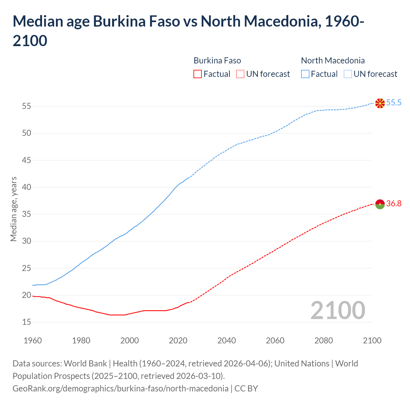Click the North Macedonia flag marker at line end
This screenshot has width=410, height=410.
pos(380,103)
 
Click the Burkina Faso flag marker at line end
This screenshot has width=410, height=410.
pos(380,204)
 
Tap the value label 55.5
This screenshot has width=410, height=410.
pos(394,103)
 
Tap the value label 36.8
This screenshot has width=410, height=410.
pos(394,204)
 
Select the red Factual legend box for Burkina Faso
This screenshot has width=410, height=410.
pos(198,74)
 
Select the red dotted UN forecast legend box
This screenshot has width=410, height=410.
pos(240,74)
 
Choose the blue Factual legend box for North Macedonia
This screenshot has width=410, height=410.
pos(305,74)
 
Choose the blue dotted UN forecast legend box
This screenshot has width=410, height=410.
pos(348,74)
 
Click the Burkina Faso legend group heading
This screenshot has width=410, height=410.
pos(217,61)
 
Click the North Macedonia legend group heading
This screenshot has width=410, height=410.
pos(333,61)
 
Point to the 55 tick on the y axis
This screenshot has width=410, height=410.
pos(27,106)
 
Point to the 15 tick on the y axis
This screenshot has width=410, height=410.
pos(27,322)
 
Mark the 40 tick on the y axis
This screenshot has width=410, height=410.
pos(27,187)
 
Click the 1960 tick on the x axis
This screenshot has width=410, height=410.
pos(33,340)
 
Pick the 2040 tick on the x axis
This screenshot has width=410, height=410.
pos(226,340)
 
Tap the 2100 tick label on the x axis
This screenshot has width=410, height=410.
pos(372,340)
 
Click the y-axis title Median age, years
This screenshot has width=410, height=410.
pos(13,209)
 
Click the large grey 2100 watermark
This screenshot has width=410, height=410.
pos(338,310)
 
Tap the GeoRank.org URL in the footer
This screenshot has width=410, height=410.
pos(120,389)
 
